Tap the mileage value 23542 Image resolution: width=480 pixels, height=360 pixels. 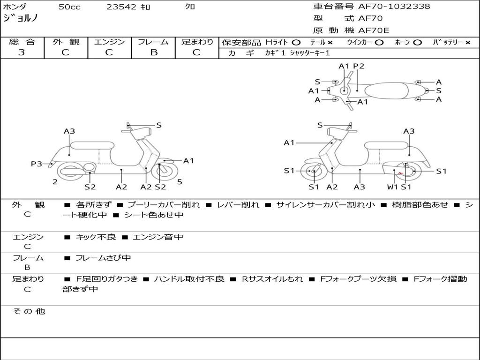pos(121,7)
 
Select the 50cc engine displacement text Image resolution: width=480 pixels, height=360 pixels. pos(69,7)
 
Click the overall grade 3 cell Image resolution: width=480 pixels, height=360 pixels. pos(22,52)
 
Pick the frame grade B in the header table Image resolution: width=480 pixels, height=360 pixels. pos(153,52)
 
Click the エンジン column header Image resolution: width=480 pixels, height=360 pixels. pos(109,42)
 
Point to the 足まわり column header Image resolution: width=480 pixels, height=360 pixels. pos(197,42)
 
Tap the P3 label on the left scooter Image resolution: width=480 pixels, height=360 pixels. pos(37,164)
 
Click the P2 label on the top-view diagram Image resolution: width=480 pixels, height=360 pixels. pos(359,66)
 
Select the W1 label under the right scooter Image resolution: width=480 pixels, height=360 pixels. pos(392,187)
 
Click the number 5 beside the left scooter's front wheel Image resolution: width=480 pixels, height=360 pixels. pos(180,182)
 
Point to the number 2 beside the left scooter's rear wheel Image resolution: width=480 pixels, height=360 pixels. pos(55,182)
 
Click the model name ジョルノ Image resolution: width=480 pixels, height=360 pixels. pos(21,18)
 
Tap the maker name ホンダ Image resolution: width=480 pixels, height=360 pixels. pos(15,7)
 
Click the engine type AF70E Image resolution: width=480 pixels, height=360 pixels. pos(374,30)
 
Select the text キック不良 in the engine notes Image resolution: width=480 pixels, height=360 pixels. pos(96,237)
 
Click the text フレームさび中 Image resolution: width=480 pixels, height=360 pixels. pos(103,258)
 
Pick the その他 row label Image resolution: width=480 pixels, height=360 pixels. pos(29,311)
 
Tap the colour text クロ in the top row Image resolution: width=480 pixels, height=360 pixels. pos(190,7)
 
